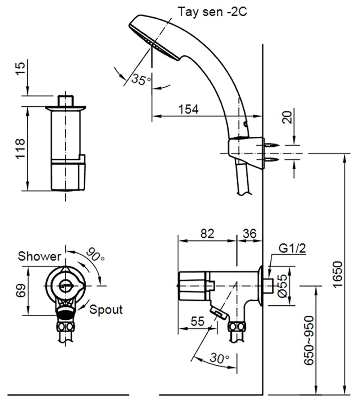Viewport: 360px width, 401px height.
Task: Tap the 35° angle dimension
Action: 141,79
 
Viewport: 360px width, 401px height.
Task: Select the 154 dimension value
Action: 188,109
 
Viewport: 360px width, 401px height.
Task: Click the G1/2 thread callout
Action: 292,248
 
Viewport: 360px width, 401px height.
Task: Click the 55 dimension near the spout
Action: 197,321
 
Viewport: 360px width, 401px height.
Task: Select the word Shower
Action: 40,256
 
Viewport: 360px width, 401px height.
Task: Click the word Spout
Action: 106,309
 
